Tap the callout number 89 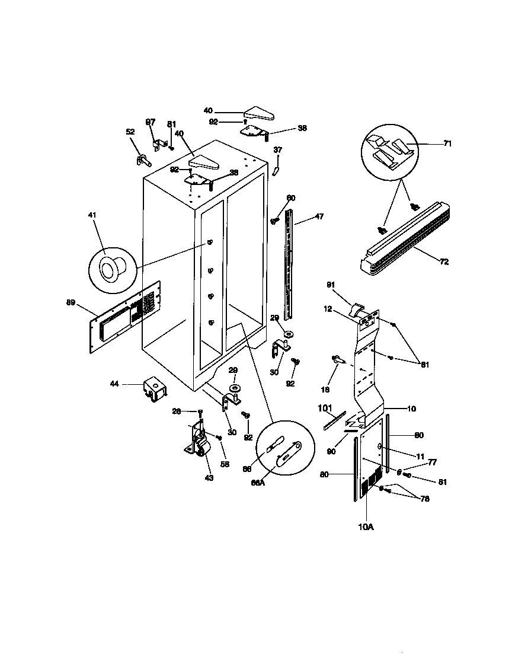(x=71, y=302)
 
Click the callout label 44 (x=114, y=384)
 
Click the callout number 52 (x=130, y=132)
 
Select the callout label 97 (x=151, y=122)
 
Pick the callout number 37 (x=278, y=150)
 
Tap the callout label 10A (x=366, y=526)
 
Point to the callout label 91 (x=331, y=285)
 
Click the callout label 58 (x=225, y=464)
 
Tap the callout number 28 (x=192, y=411)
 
